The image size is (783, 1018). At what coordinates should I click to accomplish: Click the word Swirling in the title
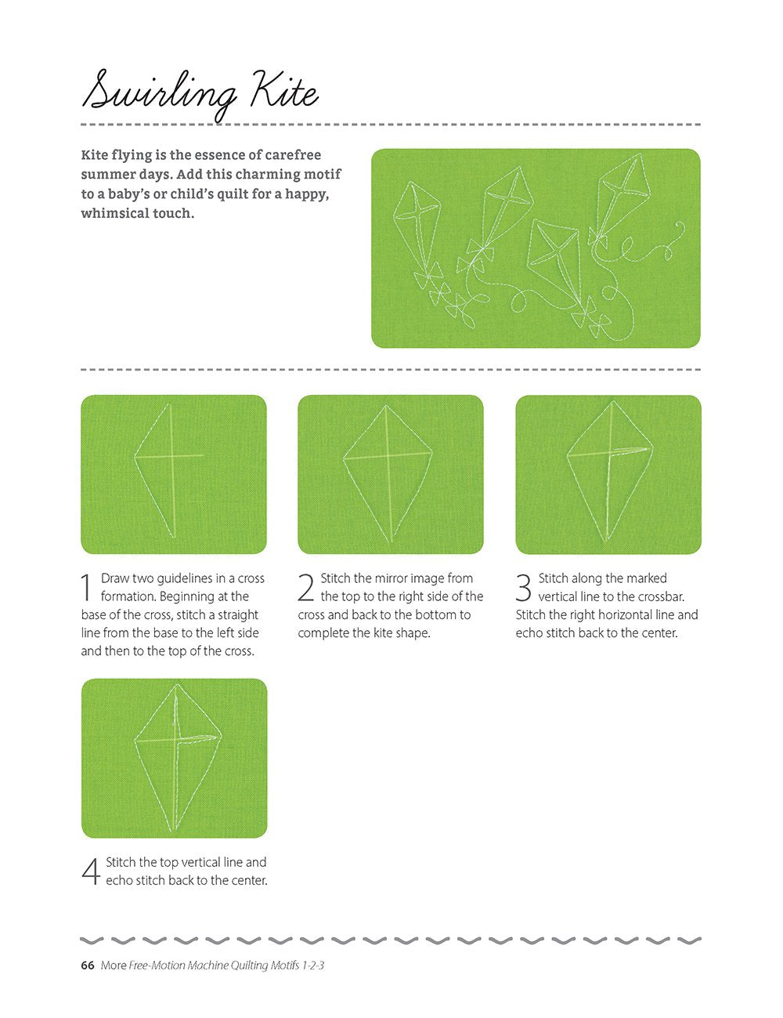pyautogui.click(x=159, y=96)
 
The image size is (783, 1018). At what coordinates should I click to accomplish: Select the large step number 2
pyautogui.click(x=305, y=587)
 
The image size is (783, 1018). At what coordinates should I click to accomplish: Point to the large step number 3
pyautogui.click(x=523, y=587)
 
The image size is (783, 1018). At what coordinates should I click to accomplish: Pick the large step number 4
pyautogui.click(x=91, y=871)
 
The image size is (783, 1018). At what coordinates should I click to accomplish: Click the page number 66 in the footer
pyautogui.click(x=88, y=965)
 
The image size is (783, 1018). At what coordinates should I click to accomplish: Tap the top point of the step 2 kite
pyautogui.click(x=386, y=406)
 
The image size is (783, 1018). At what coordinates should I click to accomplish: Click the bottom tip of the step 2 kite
pyautogui.click(x=390, y=542)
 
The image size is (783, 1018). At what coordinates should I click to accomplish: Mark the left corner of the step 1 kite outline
pyautogui.click(x=135, y=456)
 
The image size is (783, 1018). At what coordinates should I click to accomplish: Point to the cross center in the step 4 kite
pyautogui.click(x=177, y=740)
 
